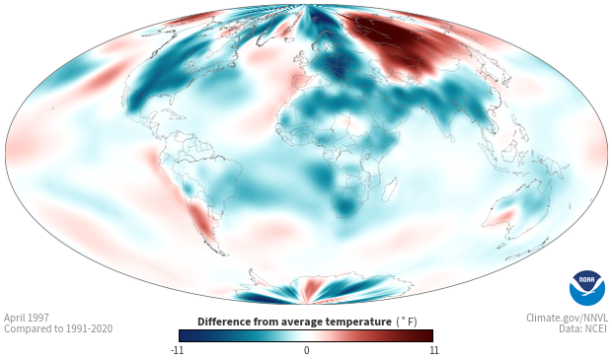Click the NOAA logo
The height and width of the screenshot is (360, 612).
(x=586, y=288)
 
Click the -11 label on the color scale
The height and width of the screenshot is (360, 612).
(x=177, y=350)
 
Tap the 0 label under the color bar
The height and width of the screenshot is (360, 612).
(x=306, y=350)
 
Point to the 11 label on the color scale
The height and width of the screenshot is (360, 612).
(x=433, y=350)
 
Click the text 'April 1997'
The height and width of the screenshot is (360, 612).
(x=27, y=318)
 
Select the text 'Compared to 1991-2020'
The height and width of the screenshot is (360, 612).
(x=58, y=328)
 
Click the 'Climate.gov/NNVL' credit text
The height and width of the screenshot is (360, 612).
(x=567, y=318)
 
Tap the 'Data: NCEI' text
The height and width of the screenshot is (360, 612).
(x=583, y=328)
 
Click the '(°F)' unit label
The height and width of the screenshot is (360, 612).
(x=407, y=323)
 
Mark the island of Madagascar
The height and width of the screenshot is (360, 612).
(x=389, y=189)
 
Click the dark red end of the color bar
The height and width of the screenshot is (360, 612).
(x=425, y=335)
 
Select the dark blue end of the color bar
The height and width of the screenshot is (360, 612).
(x=188, y=335)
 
